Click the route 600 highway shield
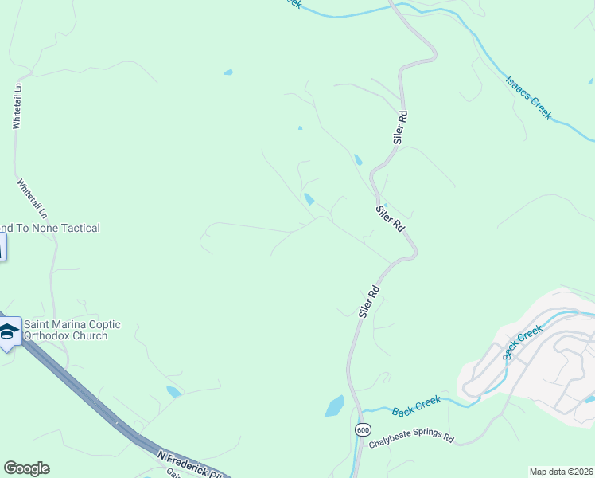click(x=363, y=429)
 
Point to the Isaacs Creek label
click(x=529, y=97)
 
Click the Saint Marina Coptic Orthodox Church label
click(x=72, y=330)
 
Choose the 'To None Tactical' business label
click(x=50, y=228)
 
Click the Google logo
click(x=26, y=468)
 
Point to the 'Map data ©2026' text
click(x=561, y=472)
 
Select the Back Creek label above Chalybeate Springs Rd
click(x=416, y=408)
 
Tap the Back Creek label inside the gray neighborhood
click(x=523, y=342)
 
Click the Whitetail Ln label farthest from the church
click(x=17, y=105)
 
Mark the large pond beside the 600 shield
click(x=334, y=406)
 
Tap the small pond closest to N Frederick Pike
click(x=173, y=391)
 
